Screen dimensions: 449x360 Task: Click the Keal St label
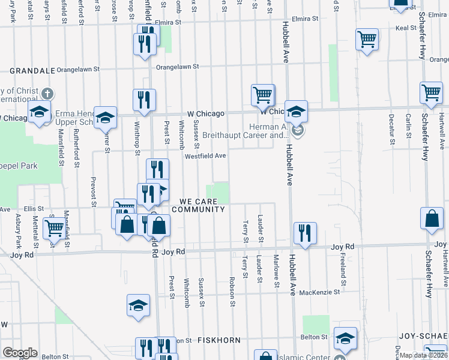click(x=406, y=28)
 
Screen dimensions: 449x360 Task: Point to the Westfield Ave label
click(x=205, y=156)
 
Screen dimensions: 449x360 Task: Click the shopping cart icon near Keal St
click(x=366, y=40)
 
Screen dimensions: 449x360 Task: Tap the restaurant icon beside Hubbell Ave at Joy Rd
click(x=305, y=233)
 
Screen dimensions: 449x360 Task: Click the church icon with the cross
click(x=47, y=94)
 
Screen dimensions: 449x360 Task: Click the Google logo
click(x=20, y=353)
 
